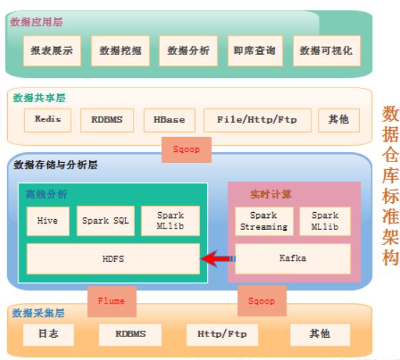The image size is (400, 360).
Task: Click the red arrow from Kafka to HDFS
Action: pos(218,259)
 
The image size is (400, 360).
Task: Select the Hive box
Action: pos(48,221)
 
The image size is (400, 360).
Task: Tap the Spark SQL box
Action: pos(106,221)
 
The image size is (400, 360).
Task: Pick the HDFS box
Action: pos(114,259)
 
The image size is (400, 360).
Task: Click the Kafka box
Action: pos(293,259)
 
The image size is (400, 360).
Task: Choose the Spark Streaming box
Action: pos(264,221)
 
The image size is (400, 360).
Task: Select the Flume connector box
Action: pos(111,301)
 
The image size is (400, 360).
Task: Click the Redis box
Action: pos(48,120)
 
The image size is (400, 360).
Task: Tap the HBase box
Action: pos(169,120)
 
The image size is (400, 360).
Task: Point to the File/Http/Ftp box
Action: pos(257,120)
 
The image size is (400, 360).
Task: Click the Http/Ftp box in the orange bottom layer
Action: pos(222,334)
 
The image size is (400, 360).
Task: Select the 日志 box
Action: pos(49,334)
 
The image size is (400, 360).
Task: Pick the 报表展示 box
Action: pos(52,51)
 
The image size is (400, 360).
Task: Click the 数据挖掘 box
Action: pos(121,51)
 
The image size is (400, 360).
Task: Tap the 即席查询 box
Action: pos(255,51)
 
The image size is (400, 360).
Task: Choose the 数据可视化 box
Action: pos(327,51)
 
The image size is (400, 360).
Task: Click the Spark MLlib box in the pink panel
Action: pos(325,221)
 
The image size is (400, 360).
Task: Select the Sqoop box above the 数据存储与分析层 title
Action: pos(186,150)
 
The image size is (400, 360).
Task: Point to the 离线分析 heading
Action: pos(46,194)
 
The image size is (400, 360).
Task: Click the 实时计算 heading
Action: pos(271,194)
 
